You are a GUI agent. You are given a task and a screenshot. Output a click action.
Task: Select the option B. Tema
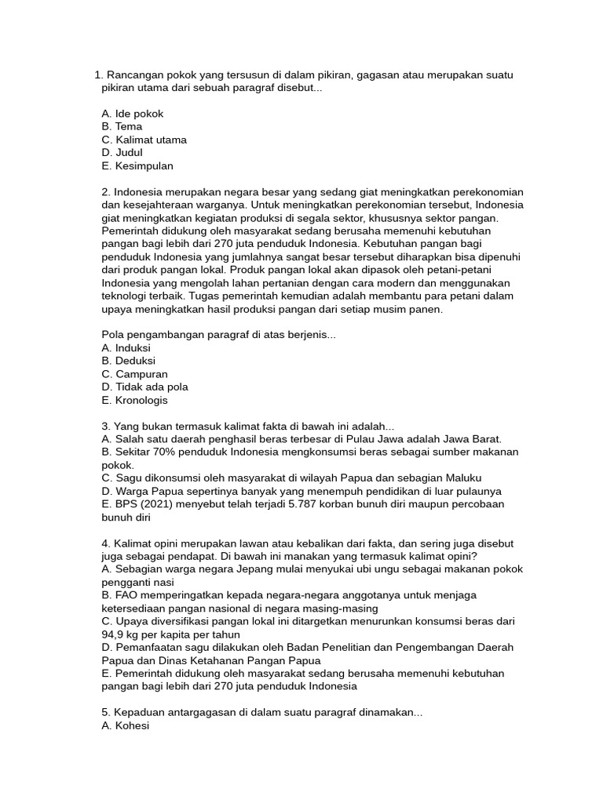coord(122,126)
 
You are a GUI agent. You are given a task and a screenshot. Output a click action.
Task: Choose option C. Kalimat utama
coord(144,140)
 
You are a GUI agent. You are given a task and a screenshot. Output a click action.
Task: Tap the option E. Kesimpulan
coord(137,166)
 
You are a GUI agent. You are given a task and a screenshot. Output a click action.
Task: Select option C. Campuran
coord(134,374)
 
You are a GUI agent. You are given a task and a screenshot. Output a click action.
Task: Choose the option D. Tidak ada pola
coord(144,387)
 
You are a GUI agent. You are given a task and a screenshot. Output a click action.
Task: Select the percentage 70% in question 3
coord(170,452)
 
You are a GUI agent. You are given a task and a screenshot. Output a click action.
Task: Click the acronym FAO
coord(126,595)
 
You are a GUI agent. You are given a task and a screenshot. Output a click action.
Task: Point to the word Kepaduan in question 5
coord(137,713)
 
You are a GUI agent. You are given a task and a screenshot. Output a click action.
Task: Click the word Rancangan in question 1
coord(134,75)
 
